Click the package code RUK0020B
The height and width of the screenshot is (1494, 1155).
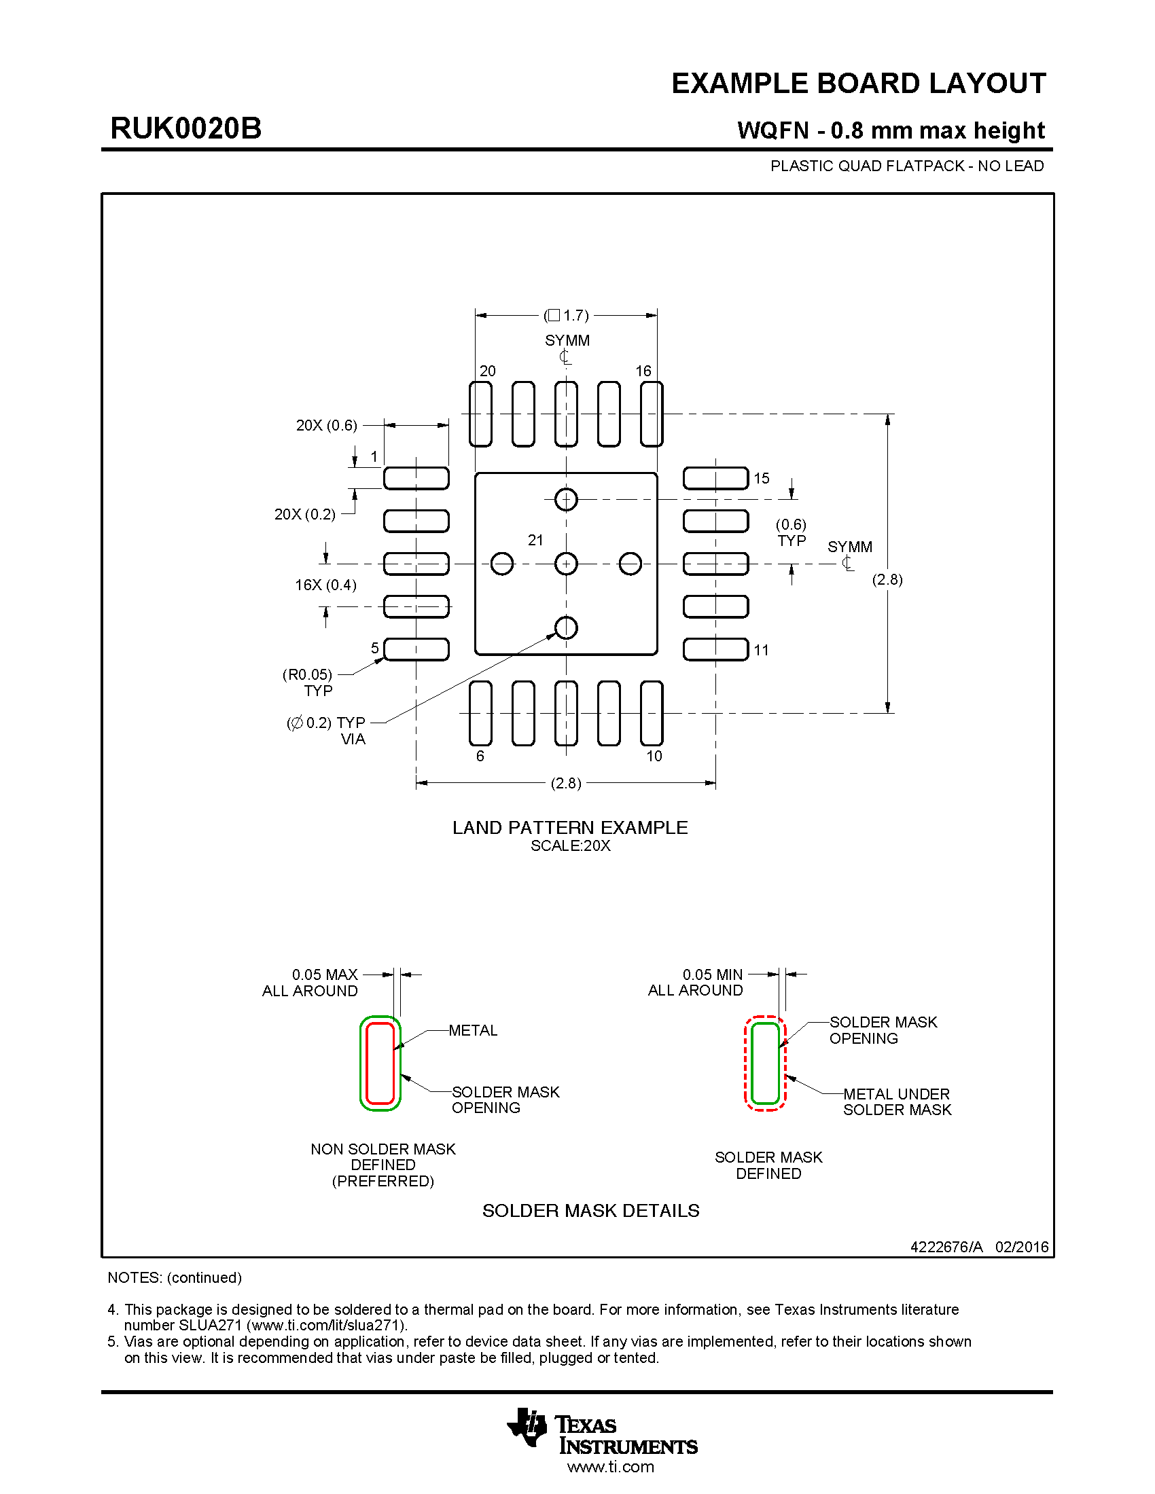(185, 128)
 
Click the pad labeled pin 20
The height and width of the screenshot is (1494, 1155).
(480, 414)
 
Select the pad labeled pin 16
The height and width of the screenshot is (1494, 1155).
(652, 414)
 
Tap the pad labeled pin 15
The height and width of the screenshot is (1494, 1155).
(715, 478)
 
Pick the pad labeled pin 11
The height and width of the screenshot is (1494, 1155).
(715, 649)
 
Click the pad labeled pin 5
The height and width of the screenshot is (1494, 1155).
(416, 649)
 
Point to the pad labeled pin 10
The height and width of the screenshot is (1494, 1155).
(652, 713)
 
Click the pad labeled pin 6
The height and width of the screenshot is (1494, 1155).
(480, 713)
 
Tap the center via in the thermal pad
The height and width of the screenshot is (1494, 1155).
(566, 564)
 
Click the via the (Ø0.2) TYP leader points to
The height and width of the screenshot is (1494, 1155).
(566, 627)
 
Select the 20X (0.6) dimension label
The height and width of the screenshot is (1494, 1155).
(326, 426)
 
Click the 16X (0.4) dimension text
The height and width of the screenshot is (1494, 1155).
(325, 585)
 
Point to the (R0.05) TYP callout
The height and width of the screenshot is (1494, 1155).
(308, 682)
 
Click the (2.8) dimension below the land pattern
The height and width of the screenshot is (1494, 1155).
(566, 783)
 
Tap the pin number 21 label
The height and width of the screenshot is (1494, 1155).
(535, 541)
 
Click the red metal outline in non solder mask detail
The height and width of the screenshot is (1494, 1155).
(368, 1063)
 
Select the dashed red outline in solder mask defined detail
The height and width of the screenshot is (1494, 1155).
(746, 1063)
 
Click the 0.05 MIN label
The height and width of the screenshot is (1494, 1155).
(712, 974)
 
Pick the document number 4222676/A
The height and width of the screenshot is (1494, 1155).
(946, 1247)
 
